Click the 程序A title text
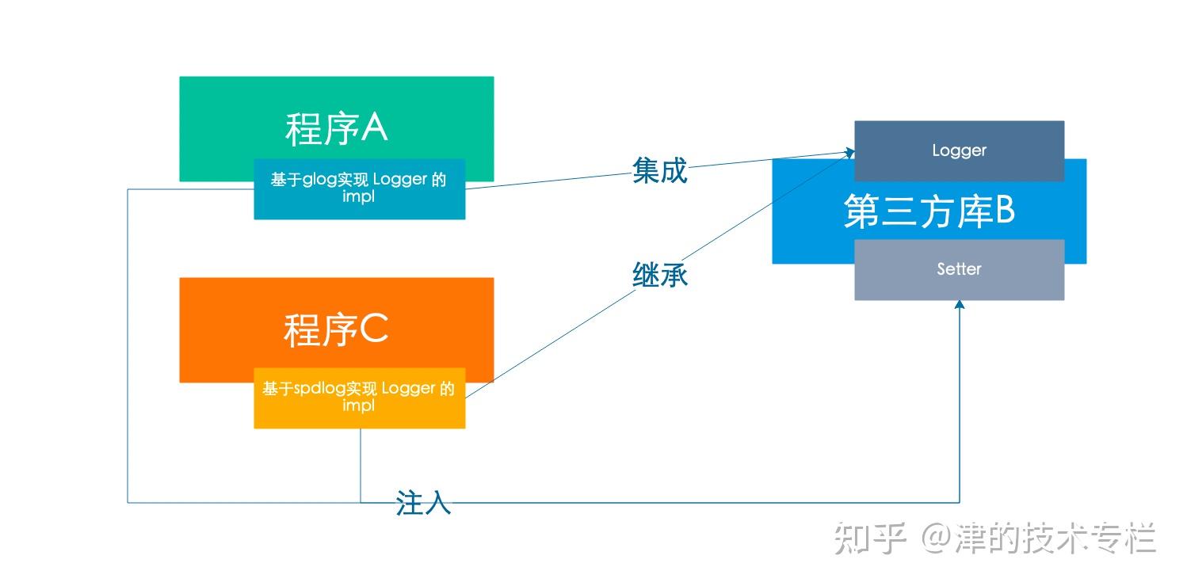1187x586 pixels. pos(337,128)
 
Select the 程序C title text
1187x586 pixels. pos(336,329)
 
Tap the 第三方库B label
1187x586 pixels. pos(929,211)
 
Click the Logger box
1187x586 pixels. pos(959,151)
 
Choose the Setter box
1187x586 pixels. pos(959,269)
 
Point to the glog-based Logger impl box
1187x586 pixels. pos(359,189)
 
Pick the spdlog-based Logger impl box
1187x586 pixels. pos(359,398)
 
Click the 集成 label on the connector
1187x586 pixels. pos(660,170)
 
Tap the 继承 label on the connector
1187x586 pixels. pos(660,275)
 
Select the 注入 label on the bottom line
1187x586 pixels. pos(423,502)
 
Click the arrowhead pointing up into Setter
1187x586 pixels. pos(959,304)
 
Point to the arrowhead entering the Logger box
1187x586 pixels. pos(849,153)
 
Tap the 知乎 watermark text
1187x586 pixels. pos(870,538)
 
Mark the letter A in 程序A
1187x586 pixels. pos(374,127)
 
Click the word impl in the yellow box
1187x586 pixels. pos(358,406)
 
